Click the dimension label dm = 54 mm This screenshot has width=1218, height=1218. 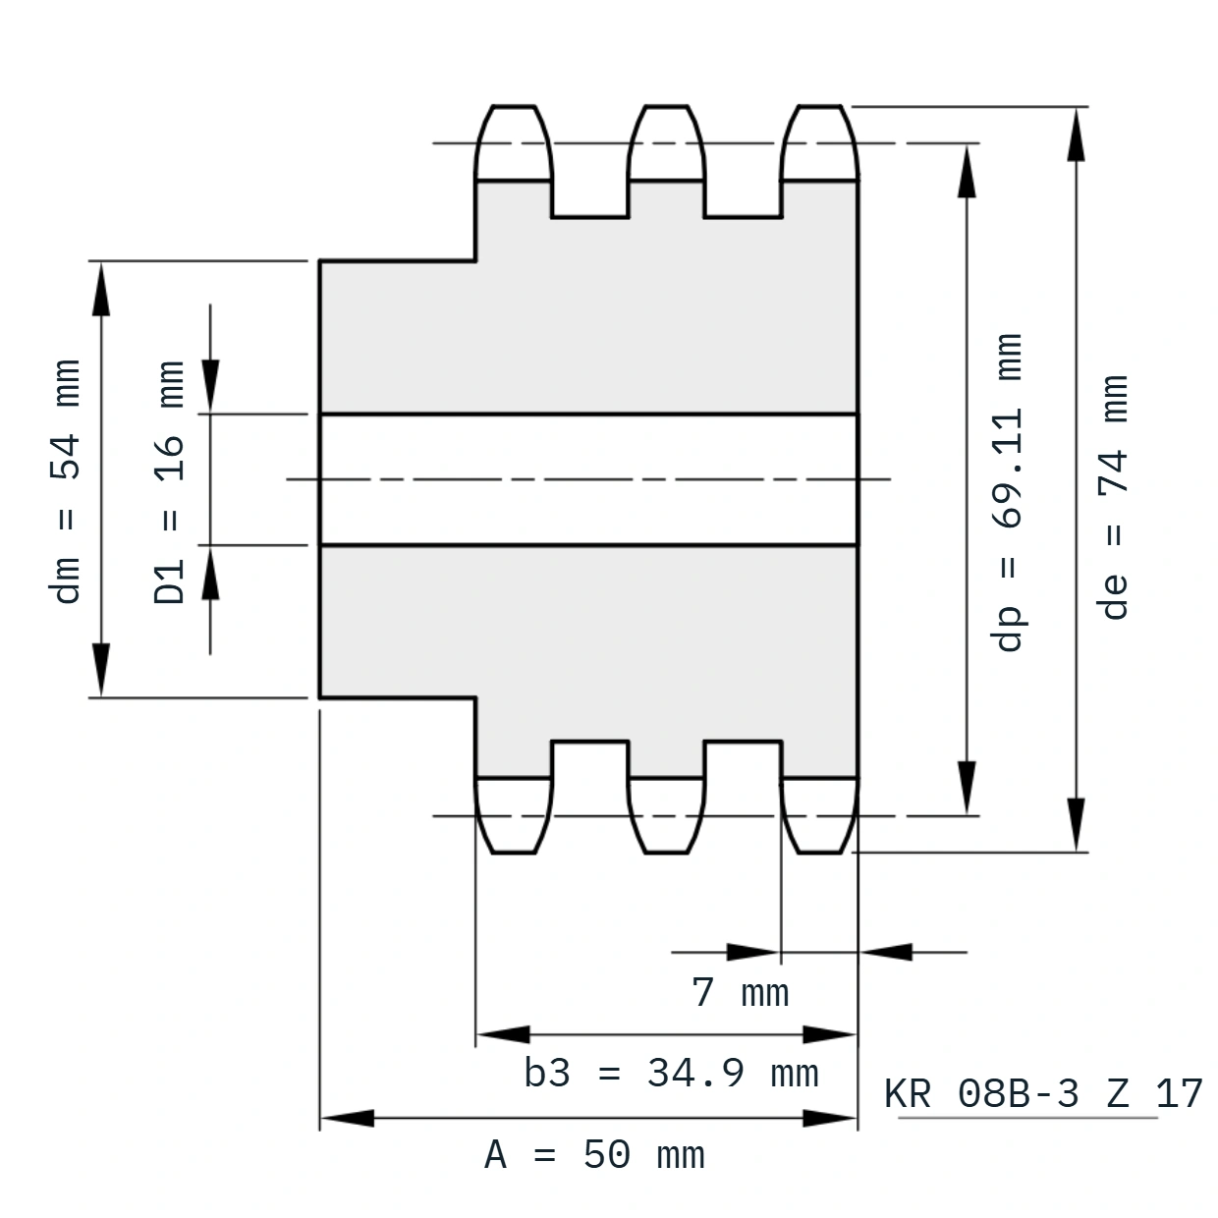tap(65, 481)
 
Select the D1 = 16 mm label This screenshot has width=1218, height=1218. tap(169, 482)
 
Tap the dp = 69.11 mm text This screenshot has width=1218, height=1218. tap(1008, 492)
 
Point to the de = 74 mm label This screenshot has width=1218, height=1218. tap(1113, 497)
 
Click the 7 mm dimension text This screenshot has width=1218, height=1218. tap(741, 992)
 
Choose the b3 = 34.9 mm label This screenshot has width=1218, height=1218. tap(671, 1074)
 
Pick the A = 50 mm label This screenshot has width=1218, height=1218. tap(594, 1155)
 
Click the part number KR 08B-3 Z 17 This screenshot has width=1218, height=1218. tap(1043, 1093)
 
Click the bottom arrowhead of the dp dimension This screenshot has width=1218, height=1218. tap(967, 788)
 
